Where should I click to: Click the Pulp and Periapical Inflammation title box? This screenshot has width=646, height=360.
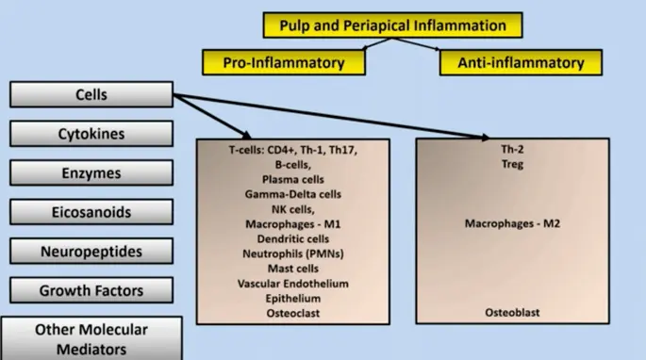coord(392,25)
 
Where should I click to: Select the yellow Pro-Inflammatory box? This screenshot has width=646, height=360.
coord(284,62)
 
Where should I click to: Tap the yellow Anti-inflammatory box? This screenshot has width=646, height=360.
coord(521,62)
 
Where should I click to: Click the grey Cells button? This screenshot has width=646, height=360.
coord(91,94)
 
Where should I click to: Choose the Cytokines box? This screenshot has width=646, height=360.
coord(91,134)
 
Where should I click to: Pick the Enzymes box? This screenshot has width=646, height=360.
coord(91,172)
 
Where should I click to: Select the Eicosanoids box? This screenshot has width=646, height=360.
coord(91,212)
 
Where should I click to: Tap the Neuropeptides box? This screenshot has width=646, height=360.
coord(91,251)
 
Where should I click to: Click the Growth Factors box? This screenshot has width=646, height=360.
coord(91,290)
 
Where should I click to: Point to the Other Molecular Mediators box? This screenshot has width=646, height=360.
coord(91,338)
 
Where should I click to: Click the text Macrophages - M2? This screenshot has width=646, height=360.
coord(512,223)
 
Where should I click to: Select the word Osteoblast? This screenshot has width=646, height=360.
coord(512,313)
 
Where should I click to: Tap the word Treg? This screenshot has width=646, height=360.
coord(512,164)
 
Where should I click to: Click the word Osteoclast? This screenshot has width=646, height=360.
coord(293,314)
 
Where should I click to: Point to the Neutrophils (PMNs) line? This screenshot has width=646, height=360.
coord(293,254)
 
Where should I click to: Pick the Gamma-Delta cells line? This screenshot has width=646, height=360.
coord(293,194)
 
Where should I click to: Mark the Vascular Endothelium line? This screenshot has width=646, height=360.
coord(293,284)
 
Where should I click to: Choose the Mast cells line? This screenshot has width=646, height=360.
coord(293,269)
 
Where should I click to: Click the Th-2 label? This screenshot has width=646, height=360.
coord(512,149)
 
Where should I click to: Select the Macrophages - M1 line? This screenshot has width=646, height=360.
coord(293,224)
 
